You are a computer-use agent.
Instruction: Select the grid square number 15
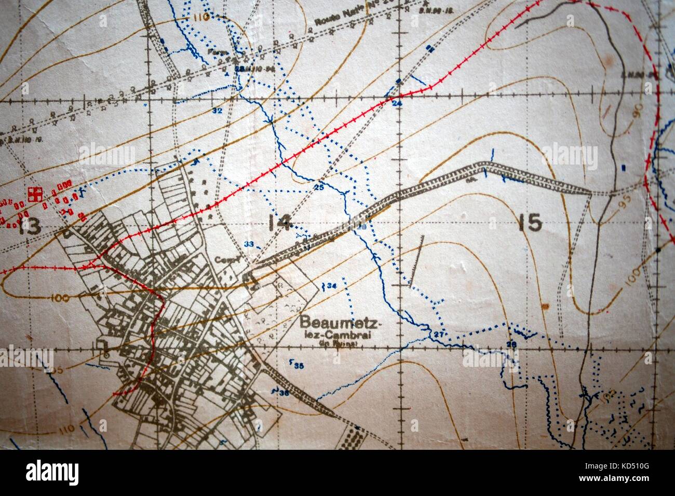click(x=530, y=223)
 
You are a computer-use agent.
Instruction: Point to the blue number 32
click(x=217, y=111)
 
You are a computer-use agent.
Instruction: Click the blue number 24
click(x=397, y=104)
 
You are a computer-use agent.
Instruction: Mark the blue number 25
click(x=319, y=187)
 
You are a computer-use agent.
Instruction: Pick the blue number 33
click(x=249, y=244)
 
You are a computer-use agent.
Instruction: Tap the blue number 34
click(x=332, y=286)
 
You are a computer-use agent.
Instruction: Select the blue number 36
click(x=283, y=393)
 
